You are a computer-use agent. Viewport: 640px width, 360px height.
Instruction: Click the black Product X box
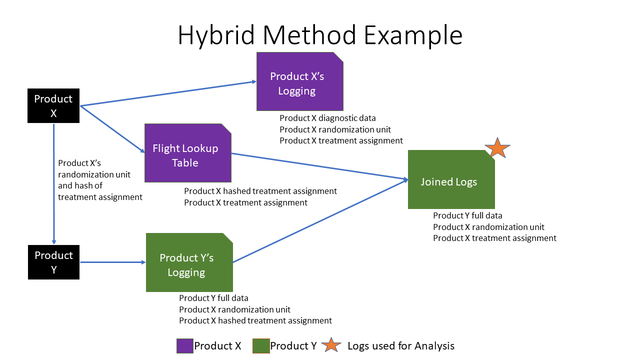[x=53, y=106]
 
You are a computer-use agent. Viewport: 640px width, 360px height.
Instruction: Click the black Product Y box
[x=53, y=262]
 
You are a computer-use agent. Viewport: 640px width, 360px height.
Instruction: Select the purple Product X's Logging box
[x=299, y=82]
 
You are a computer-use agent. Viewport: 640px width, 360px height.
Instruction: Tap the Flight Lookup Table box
[x=187, y=153]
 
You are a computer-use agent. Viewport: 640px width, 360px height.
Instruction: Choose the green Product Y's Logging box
[x=189, y=263]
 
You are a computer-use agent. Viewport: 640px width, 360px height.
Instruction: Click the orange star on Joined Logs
[x=497, y=148]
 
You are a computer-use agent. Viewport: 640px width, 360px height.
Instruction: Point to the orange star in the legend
[x=331, y=345]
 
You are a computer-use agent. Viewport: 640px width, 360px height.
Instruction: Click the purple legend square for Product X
[x=184, y=345]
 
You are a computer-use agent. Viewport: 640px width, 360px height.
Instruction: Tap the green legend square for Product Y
[x=261, y=345]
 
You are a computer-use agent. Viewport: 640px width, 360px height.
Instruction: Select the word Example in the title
[x=412, y=35]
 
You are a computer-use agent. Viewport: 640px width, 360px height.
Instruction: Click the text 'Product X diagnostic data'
[x=327, y=118]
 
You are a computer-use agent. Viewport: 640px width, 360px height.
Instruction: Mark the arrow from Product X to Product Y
[x=54, y=185]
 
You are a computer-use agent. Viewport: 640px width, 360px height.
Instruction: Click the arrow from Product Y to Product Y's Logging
[x=112, y=262]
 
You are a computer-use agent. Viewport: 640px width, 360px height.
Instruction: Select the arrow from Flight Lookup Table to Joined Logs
[x=320, y=166]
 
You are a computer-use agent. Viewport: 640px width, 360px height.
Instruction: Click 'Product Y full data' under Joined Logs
[x=467, y=215]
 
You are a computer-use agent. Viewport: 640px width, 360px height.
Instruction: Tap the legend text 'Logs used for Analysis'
[x=401, y=345]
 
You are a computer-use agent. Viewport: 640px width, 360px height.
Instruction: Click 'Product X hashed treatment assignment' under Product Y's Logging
[x=255, y=320]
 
